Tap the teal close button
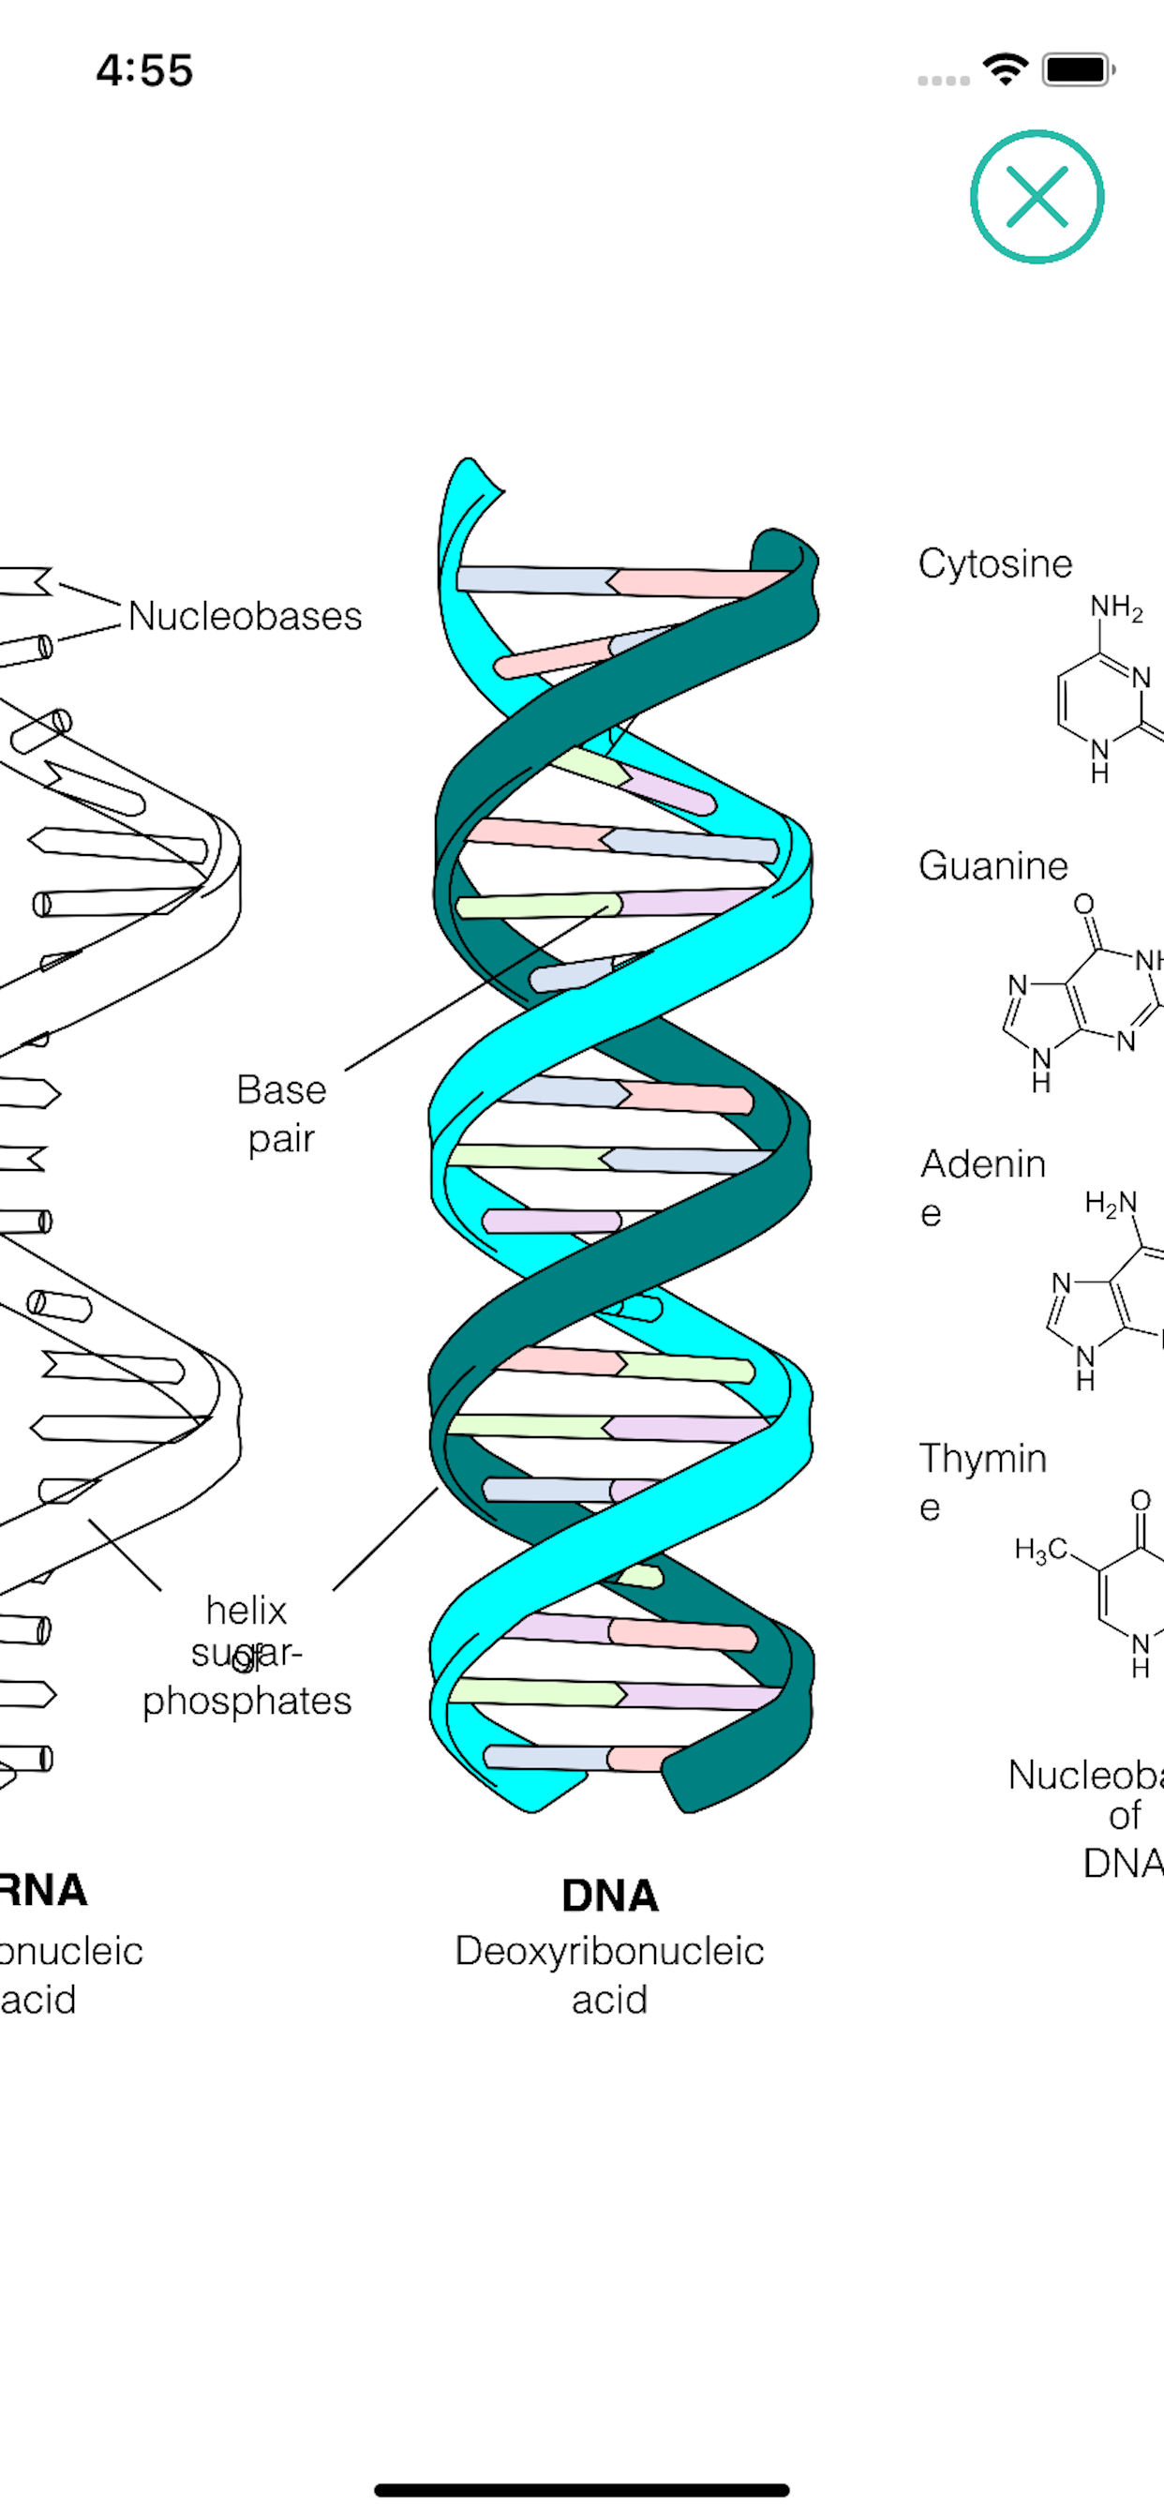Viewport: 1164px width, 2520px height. (1037, 197)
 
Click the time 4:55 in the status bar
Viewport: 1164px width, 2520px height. (144, 70)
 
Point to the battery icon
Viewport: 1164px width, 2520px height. (1078, 70)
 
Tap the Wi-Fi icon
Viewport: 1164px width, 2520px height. (1005, 69)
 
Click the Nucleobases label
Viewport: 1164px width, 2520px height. (245, 616)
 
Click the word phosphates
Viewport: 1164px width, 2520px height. (246, 1702)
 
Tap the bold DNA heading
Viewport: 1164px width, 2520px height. (609, 1896)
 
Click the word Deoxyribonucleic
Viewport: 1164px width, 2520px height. (609, 1951)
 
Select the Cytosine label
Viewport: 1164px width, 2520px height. (994, 563)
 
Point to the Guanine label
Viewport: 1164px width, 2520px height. (992, 865)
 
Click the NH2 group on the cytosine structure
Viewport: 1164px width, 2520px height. (1115, 607)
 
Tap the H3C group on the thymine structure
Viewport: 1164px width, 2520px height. (1040, 1549)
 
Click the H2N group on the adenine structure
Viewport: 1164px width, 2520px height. (1112, 1202)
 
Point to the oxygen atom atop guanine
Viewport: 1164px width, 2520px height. (1083, 904)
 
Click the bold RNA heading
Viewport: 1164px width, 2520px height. (44, 1890)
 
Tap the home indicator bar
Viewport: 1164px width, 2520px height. (582, 2490)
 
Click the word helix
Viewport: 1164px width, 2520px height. (246, 1611)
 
